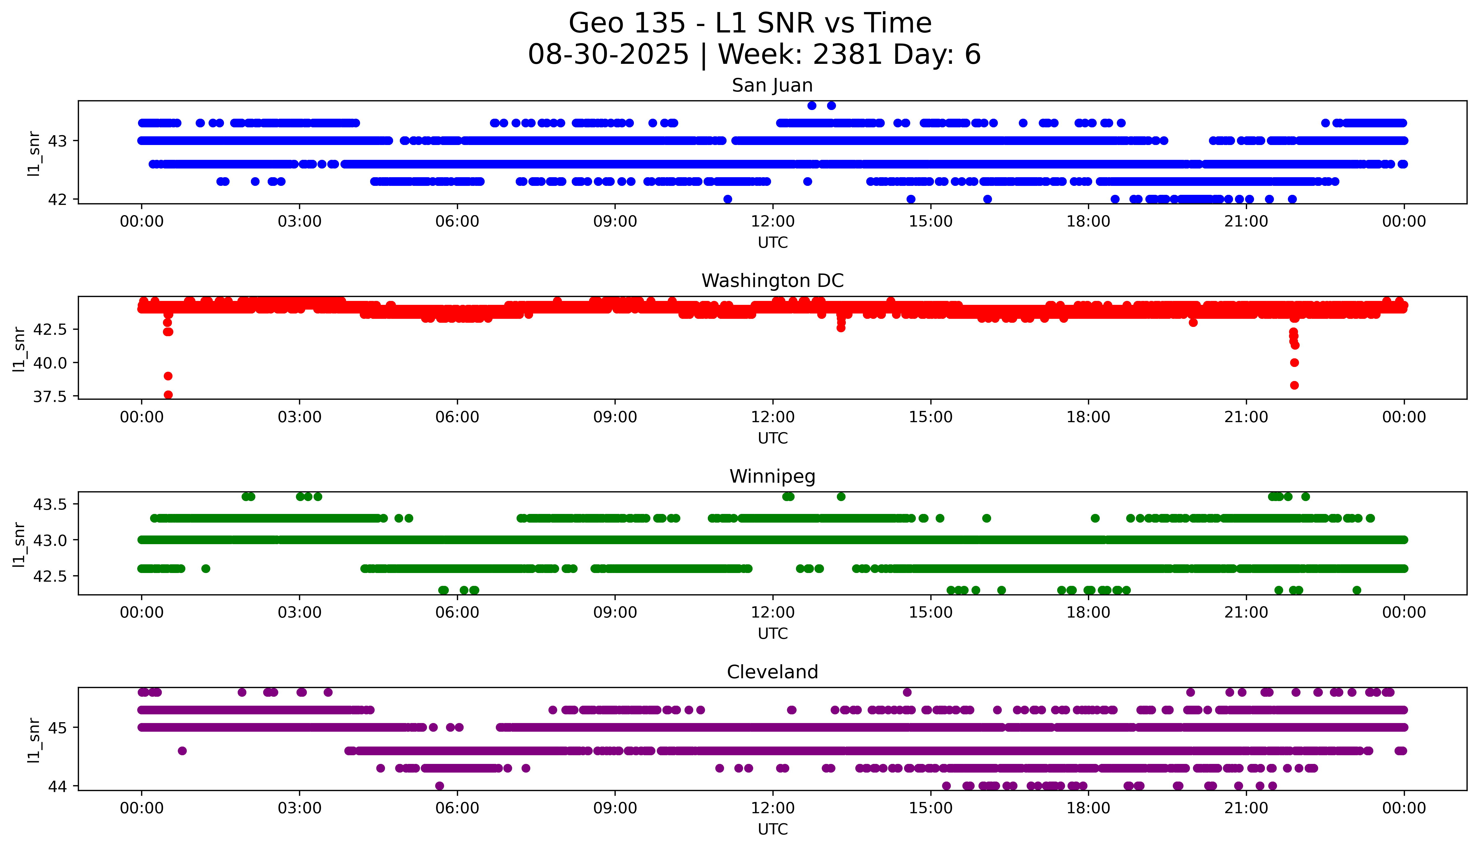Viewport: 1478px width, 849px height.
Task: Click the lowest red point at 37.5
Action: (x=168, y=395)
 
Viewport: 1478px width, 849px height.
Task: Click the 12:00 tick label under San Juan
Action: (x=772, y=222)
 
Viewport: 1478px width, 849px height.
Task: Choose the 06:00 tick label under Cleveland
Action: (x=457, y=808)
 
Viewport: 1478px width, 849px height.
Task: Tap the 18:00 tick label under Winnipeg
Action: (x=1089, y=613)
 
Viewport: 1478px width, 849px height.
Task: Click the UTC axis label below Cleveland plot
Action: (x=772, y=829)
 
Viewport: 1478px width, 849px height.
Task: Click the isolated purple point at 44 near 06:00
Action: (x=440, y=786)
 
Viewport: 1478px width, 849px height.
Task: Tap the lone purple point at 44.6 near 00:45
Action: (x=182, y=750)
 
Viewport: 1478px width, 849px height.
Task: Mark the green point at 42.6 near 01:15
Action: (x=205, y=569)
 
